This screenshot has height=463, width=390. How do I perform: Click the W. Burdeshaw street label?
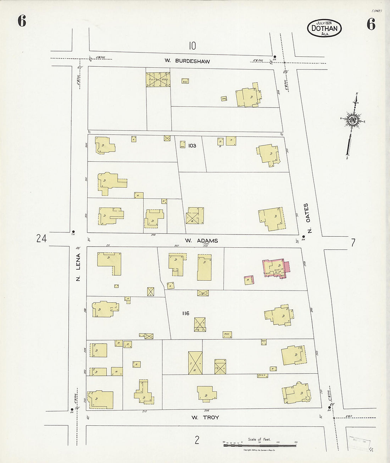coord(192,61)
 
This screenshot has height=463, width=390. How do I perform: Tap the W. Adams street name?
coord(201,241)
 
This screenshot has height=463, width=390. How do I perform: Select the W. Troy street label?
coord(205,418)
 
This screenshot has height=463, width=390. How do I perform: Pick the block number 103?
coord(192,145)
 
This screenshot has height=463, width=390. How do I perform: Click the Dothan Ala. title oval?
coord(324,28)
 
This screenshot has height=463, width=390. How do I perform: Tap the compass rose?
coord(353,120)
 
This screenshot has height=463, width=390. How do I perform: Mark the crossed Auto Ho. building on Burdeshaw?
coord(158,80)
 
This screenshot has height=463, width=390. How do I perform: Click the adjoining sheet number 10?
coord(192,46)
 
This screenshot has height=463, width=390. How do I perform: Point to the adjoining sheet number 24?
coord(41,239)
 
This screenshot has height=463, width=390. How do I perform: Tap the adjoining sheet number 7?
coord(353,243)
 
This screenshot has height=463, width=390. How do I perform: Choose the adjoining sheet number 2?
coord(197,440)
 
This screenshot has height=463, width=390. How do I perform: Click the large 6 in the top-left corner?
coord(22,22)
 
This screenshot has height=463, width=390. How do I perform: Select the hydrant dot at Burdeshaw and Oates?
coord(275,56)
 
